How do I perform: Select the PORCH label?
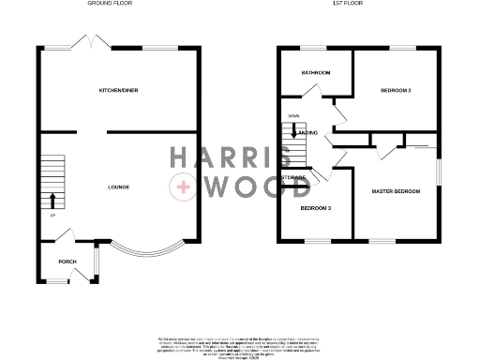point(67,262)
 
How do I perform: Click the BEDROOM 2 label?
point(396,90)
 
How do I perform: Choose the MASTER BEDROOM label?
point(396,191)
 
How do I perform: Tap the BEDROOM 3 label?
point(315,208)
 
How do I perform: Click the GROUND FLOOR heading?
point(112,4)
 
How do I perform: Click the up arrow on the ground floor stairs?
point(52,200)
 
